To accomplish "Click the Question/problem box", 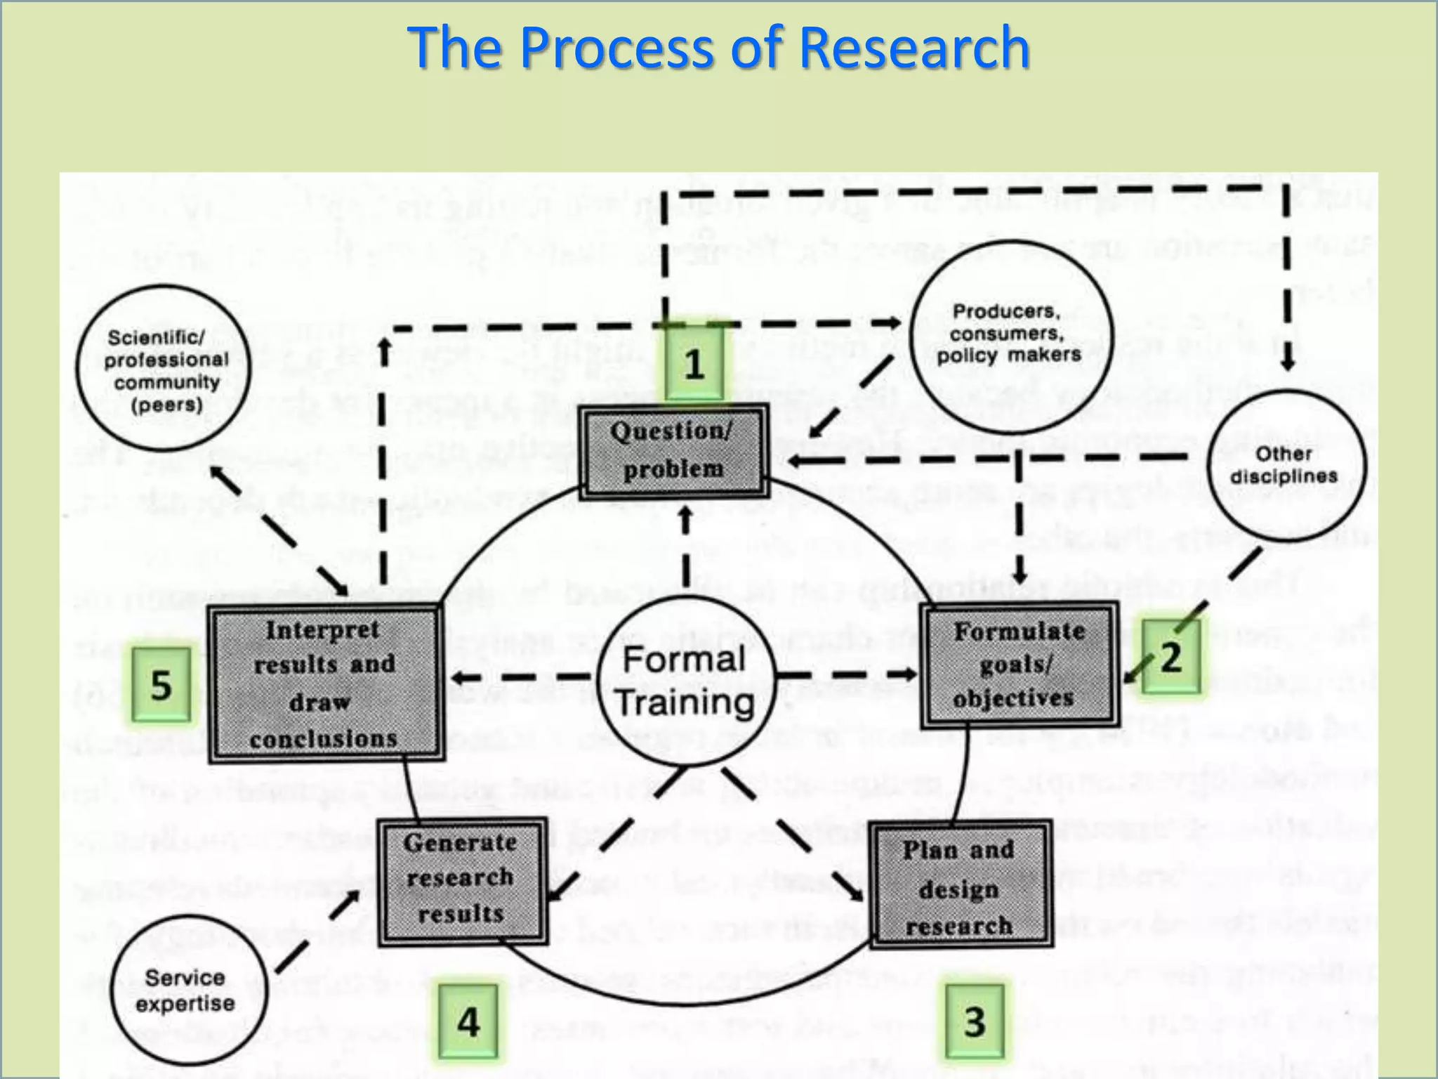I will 673,450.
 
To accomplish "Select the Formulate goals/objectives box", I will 1019,665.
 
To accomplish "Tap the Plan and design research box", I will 960,886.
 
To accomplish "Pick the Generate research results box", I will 462,879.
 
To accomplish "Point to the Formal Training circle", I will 685,681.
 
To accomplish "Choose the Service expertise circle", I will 187,990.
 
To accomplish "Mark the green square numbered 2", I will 1170,658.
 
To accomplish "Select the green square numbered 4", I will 468,1021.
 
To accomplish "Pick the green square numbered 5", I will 161,684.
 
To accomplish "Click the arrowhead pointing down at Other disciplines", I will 1287,362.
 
